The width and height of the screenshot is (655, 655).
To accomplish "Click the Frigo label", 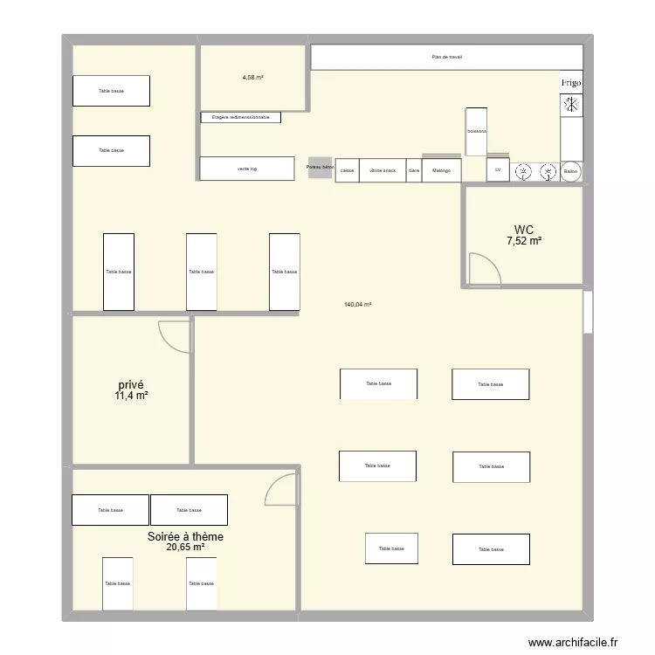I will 571,83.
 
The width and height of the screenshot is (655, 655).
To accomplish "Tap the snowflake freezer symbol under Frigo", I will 571,105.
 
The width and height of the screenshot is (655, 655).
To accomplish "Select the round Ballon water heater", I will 571,171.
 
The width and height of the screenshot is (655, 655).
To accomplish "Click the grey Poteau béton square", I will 320,167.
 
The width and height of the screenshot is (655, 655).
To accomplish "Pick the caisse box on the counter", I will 347,170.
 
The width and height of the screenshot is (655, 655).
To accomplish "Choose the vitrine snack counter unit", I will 382,170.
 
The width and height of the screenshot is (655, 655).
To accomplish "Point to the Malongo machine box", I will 441,170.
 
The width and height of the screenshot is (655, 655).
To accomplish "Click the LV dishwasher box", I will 498,170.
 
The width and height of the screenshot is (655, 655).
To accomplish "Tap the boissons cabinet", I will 476,132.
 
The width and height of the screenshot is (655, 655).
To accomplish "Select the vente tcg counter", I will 247,169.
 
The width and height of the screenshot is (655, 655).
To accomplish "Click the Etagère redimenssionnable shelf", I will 241,117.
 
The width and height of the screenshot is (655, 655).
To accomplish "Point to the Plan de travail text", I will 446,58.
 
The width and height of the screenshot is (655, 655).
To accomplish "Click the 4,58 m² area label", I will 253,78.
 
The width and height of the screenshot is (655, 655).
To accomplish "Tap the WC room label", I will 523,232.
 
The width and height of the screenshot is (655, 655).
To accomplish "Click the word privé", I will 131,384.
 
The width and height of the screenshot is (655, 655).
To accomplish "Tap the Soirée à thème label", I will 185,536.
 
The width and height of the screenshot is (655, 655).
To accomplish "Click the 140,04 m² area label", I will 358,305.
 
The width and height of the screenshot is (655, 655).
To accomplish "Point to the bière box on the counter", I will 414,170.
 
